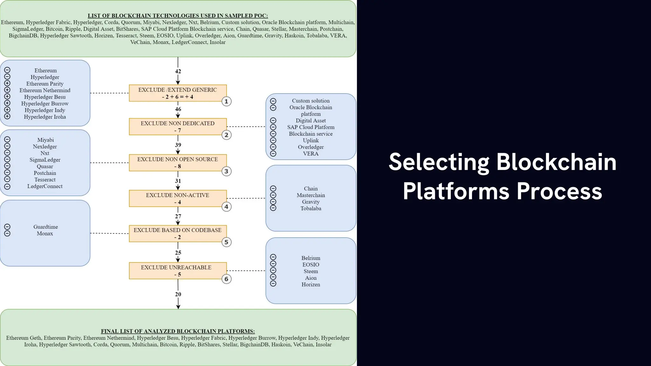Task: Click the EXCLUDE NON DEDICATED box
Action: (178, 126)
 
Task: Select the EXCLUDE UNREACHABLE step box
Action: (178, 271)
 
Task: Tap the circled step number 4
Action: (226, 207)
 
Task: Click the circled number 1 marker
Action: (226, 101)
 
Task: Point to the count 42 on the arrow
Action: (178, 71)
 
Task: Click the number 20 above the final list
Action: (178, 294)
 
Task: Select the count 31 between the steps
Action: (178, 181)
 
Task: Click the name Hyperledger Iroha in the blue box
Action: (45, 117)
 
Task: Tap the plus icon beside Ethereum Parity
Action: (7, 83)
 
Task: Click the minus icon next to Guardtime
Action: (7, 227)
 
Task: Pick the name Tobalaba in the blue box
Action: (311, 208)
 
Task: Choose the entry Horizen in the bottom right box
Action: (311, 285)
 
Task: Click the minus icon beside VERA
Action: (273, 153)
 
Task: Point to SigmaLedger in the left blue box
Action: (45, 160)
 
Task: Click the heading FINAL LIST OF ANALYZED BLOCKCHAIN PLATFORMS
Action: (178, 331)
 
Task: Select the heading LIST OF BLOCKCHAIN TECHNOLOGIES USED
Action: (178, 16)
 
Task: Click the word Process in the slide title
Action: (559, 191)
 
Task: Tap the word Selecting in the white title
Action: (439, 162)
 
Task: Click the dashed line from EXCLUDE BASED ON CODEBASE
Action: (110, 233)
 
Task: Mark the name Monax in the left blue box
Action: (45, 234)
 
